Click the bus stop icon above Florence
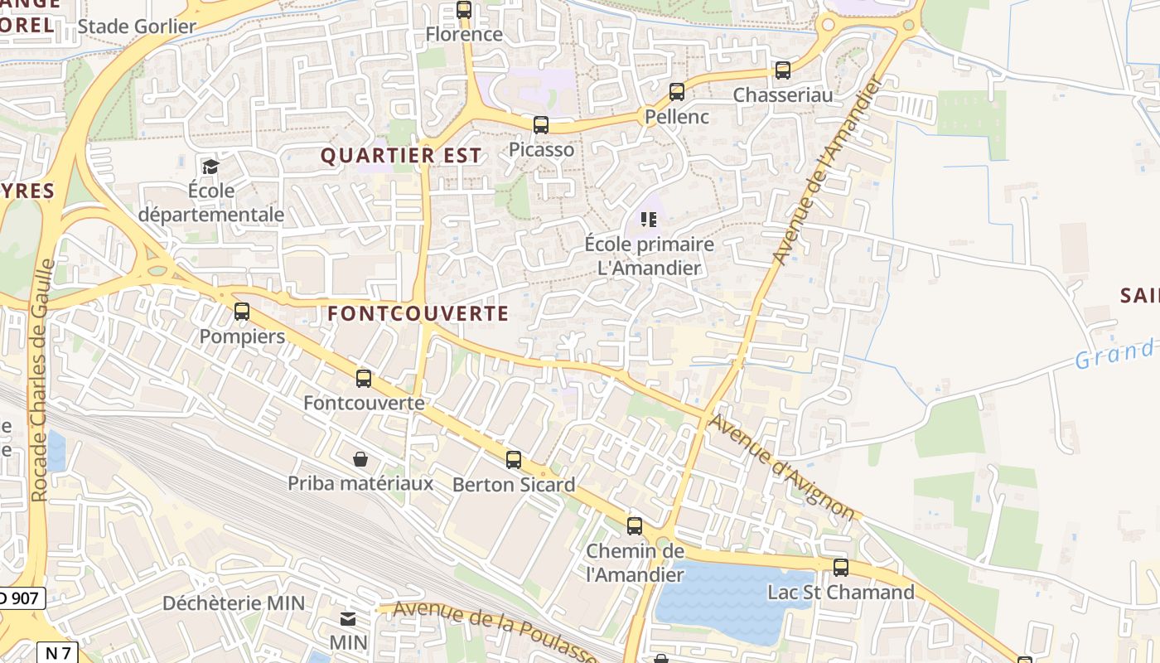coord(464,10)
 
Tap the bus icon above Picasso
coord(541,125)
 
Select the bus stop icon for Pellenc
coord(677,92)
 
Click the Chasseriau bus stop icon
coord(783,70)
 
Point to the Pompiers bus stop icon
coord(242,312)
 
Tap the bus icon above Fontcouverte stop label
coord(364,379)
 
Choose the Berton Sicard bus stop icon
coord(514,460)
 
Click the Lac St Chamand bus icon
coord(841,568)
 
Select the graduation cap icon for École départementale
coord(210,167)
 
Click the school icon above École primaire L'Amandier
coord(649,220)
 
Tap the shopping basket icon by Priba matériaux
coord(360,459)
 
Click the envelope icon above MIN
coord(348,619)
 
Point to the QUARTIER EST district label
coord(400,156)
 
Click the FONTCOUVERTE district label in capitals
coord(418,313)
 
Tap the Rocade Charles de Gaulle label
coord(41,381)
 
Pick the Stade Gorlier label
coord(137,27)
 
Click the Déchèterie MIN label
coord(234,603)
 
